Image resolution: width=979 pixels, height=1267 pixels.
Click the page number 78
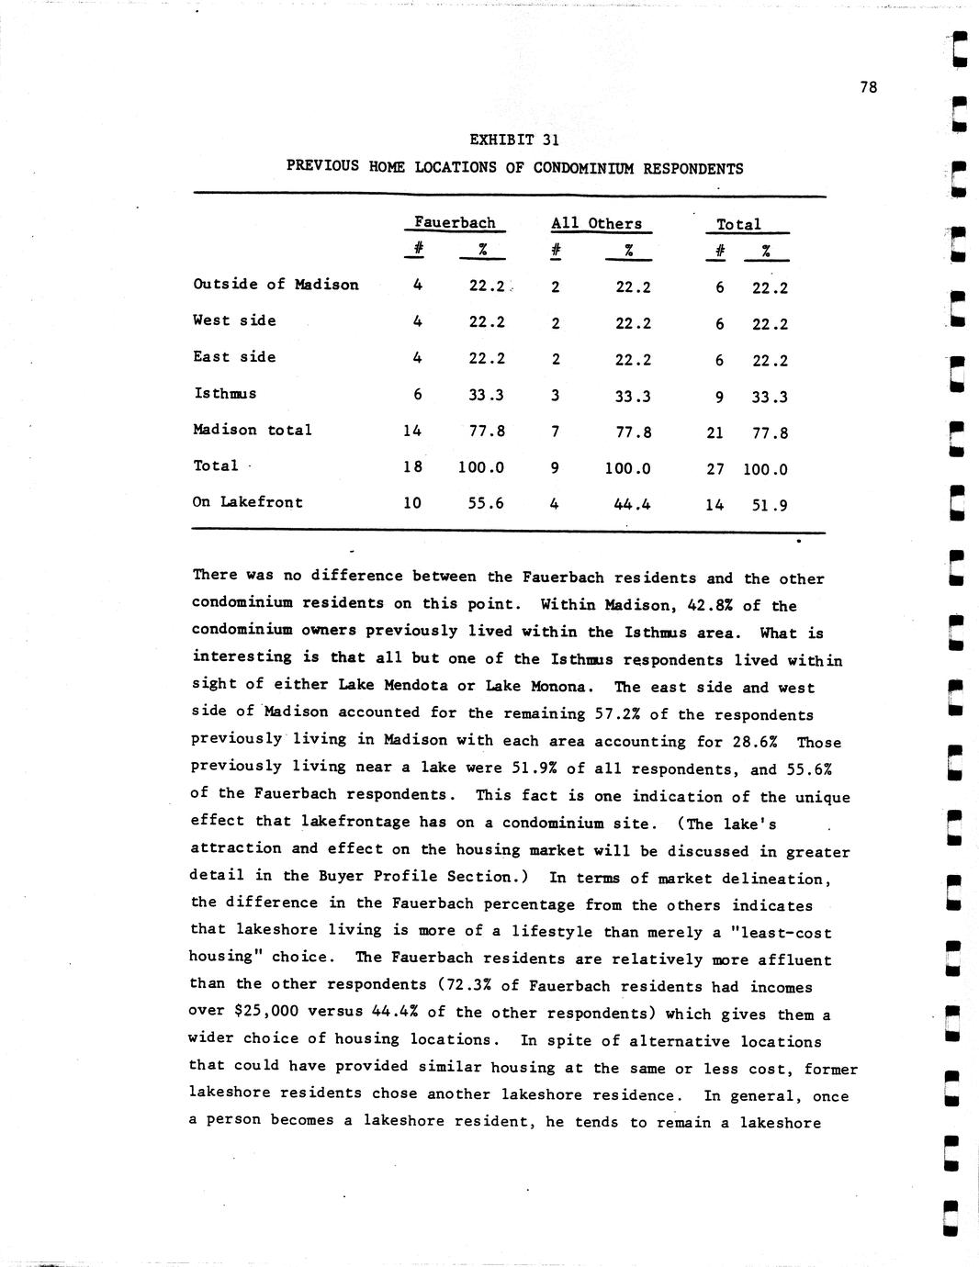[x=869, y=87]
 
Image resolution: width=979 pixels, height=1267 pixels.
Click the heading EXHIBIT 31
[x=514, y=140]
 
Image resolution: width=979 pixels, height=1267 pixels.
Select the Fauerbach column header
[x=455, y=222]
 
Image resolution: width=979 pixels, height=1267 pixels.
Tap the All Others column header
[x=596, y=223]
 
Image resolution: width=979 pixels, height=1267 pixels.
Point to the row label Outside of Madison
[x=276, y=284]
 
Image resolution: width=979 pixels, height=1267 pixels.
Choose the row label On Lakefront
[x=247, y=502]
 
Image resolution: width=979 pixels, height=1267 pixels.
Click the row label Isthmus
[x=225, y=393]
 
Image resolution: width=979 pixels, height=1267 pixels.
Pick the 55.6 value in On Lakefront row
[x=486, y=503]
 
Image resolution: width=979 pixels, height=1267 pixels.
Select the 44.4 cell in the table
[x=633, y=504]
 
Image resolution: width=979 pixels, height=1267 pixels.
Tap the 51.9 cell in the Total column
[x=770, y=505]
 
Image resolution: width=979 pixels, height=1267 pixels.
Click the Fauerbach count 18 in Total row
[x=413, y=466]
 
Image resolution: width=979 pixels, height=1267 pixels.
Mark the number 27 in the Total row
[x=715, y=469]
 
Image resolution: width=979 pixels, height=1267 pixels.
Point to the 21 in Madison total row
[x=715, y=432]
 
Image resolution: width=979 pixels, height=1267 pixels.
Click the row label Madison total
[x=253, y=430]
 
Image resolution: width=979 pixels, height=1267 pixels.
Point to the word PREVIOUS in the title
[x=322, y=166]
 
